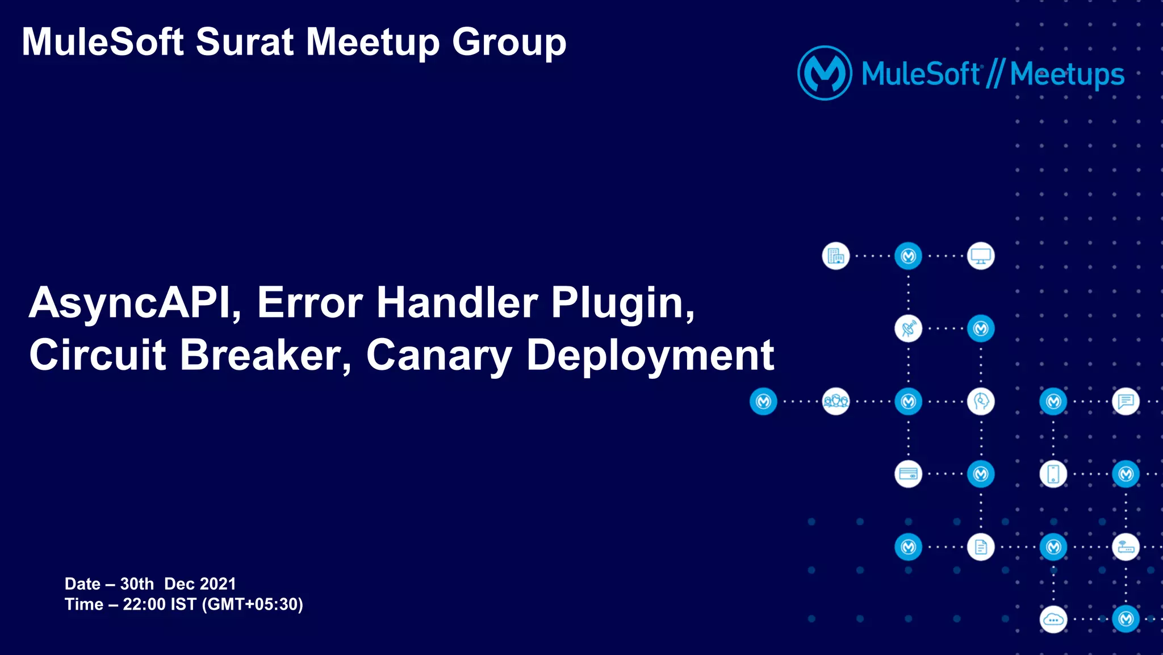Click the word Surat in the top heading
coord(244,42)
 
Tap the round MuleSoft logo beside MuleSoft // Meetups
coord(825,73)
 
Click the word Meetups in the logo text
coord(1067,75)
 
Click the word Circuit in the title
coord(98,355)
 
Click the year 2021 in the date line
coord(218,584)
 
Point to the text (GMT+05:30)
coord(253,604)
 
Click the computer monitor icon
coord(981,256)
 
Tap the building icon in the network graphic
coord(836,256)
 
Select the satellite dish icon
coord(908,329)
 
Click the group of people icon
coord(836,402)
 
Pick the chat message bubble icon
coord(1126,402)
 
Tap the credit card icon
coord(908,474)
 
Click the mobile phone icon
coord(1053,474)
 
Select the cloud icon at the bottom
coord(1053,620)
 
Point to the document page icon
coord(981,547)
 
